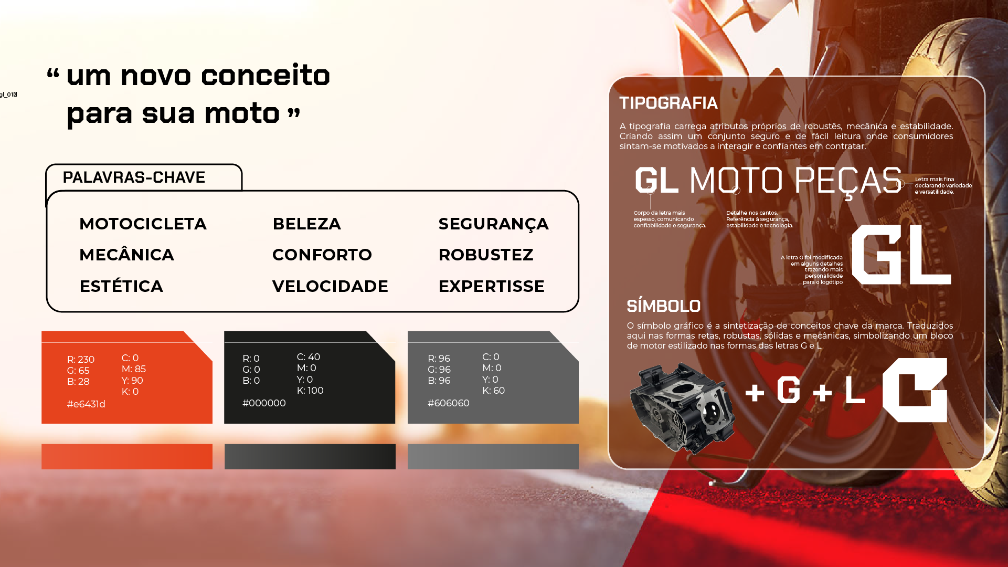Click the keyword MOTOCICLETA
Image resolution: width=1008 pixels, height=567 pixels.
(143, 224)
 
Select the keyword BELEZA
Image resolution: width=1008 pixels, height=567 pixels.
(307, 224)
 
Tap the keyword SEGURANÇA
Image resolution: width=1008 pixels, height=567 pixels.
(493, 224)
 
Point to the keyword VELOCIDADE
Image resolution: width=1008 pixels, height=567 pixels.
(330, 286)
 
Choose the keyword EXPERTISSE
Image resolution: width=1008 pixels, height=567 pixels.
(492, 286)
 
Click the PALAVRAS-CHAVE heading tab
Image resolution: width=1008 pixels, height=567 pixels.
(134, 177)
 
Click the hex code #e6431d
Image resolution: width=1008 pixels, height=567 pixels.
(86, 404)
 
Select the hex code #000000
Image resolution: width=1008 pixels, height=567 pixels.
(264, 403)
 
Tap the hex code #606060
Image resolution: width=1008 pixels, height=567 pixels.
(449, 403)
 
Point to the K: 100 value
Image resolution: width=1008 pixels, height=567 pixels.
(310, 390)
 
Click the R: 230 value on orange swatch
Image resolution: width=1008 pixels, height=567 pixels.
(81, 359)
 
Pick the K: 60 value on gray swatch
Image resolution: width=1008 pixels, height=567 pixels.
(493, 390)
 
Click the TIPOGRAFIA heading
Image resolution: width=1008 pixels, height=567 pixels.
(669, 103)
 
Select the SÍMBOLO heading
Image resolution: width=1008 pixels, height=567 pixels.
(664, 306)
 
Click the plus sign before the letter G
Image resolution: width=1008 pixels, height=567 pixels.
(755, 392)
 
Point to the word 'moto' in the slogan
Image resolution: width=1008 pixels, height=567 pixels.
(242, 113)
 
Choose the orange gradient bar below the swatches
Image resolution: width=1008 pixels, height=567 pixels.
(127, 457)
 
